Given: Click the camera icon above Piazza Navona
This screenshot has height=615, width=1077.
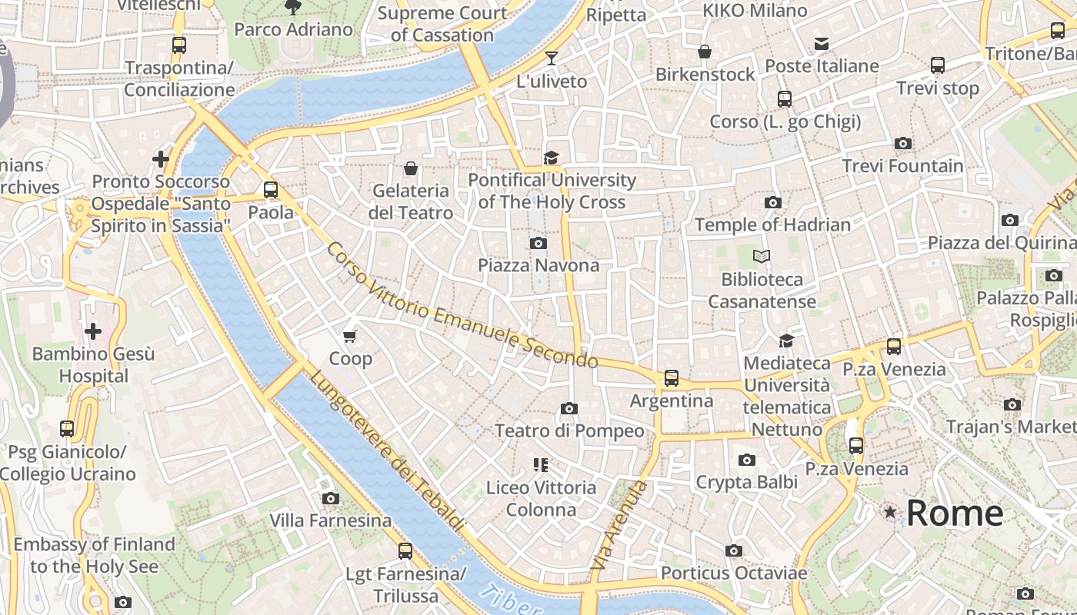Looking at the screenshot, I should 538,244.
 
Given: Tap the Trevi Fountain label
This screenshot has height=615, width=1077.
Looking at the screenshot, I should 902,166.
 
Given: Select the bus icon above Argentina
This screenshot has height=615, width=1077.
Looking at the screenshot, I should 672,378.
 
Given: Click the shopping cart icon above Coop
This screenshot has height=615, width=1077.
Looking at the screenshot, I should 350,336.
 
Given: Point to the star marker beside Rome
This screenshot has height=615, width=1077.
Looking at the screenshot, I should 890,512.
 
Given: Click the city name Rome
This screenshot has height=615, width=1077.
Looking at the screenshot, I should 955,513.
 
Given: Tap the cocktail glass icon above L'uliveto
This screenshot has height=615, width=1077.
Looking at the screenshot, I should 552,58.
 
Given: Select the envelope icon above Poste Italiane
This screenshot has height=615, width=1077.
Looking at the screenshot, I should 822,44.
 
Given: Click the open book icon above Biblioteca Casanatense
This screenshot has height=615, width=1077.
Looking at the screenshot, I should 762,256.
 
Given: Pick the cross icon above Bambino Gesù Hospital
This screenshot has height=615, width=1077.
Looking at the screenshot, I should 93,331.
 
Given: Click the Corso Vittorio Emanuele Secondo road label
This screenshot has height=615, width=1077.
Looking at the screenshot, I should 462,306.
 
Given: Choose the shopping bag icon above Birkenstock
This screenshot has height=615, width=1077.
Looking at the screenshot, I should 705,52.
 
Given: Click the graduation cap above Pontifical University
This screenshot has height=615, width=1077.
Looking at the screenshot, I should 552,158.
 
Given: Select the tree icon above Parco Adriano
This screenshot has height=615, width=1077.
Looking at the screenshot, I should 292,8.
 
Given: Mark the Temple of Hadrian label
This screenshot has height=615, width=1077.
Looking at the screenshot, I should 772,224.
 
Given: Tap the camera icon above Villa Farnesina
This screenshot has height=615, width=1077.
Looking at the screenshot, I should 331,498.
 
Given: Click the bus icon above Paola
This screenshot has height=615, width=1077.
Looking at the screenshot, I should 271,190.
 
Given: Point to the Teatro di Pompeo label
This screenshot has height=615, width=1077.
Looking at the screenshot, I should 569,430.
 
